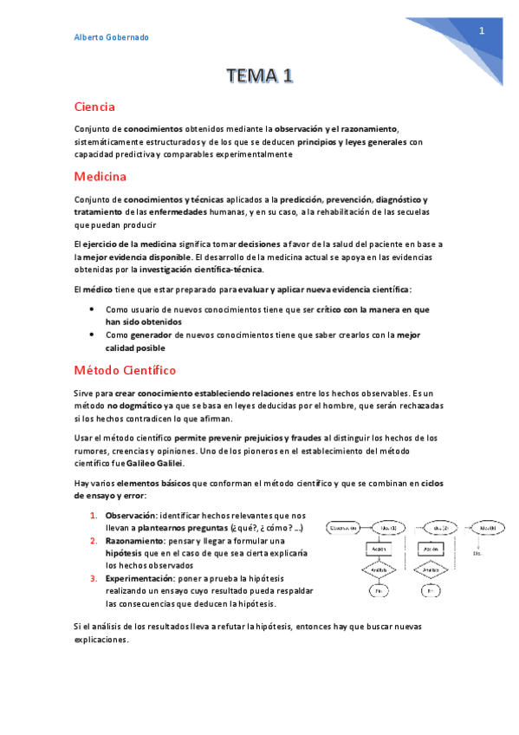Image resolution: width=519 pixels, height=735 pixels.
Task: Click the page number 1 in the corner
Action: click(481, 31)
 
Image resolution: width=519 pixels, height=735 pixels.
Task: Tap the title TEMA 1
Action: click(259, 77)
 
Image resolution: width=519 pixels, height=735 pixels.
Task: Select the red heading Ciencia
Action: click(94, 107)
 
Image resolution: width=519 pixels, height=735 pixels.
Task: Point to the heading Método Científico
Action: click(125, 370)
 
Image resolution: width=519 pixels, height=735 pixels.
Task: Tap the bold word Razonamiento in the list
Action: click(133, 540)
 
